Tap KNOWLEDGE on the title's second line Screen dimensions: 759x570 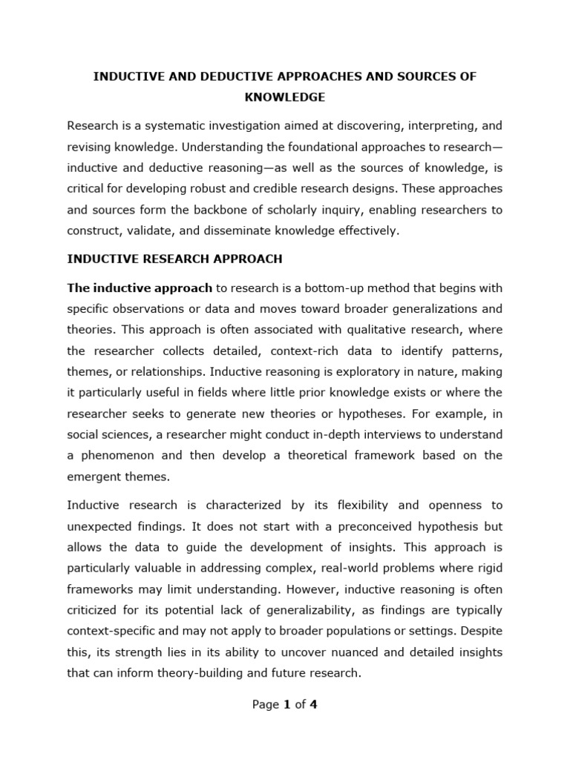(x=285, y=98)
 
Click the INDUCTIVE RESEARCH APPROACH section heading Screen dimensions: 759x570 (x=174, y=259)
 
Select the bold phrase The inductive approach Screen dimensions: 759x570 (x=140, y=288)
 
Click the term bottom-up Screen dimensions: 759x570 (x=334, y=288)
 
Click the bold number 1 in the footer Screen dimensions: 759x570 (x=286, y=705)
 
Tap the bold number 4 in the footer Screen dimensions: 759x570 (x=313, y=705)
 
